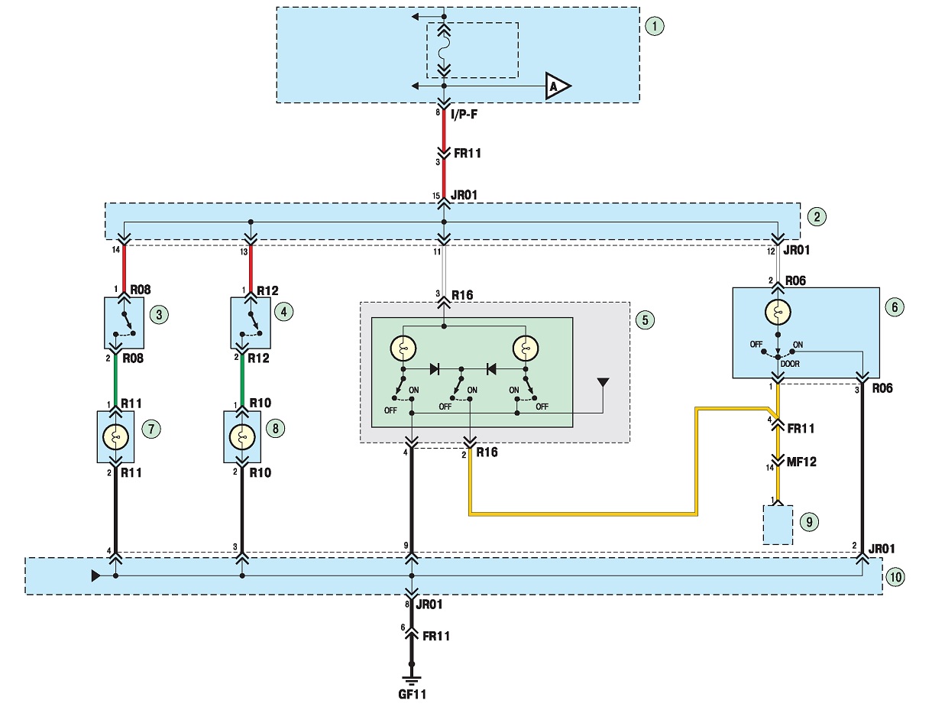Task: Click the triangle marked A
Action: (x=557, y=86)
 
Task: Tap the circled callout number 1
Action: (x=655, y=26)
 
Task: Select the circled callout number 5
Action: (x=645, y=320)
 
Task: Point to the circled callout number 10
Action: (x=895, y=577)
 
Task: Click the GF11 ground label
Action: (x=412, y=694)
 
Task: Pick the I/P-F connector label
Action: (x=464, y=114)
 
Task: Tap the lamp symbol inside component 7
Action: (x=115, y=437)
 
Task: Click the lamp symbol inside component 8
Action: (x=242, y=437)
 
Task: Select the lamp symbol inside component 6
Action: (x=778, y=312)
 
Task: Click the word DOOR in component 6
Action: (x=790, y=364)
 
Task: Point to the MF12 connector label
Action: (x=801, y=462)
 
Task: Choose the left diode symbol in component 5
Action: (x=434, y=369)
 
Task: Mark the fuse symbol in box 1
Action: (x=444, y=50)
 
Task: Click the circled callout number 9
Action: (x=809, y=522)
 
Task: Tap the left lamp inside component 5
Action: (x=403, y=349)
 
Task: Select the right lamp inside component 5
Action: (x=526, y=349)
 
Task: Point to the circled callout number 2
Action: (x=817, y=217)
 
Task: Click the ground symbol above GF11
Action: (x=412, y=680)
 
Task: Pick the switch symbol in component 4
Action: (x=251, y=324)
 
